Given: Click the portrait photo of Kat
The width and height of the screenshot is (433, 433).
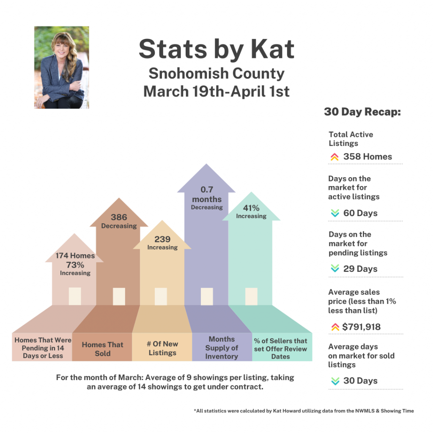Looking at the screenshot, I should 62,68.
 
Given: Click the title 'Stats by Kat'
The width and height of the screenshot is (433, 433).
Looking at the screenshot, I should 216,49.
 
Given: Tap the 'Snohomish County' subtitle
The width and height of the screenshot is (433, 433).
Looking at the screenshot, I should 216,74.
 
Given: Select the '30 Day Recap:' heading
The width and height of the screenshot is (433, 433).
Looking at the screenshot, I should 362,112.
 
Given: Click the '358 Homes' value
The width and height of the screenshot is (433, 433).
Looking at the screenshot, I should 367,156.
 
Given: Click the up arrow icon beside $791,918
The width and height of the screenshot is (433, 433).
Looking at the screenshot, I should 335,327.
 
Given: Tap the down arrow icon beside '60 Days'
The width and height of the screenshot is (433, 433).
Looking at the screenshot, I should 335,213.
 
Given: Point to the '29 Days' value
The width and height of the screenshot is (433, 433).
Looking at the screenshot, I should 360,269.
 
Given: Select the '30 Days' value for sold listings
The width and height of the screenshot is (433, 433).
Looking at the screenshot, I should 360,381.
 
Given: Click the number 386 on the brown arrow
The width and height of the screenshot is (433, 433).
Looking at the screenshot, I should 119,217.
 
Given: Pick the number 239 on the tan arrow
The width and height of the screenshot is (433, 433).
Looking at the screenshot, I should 162,239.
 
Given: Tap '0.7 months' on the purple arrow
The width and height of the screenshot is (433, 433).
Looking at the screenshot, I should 206,195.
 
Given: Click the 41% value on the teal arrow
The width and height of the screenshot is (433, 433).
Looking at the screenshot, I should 251,208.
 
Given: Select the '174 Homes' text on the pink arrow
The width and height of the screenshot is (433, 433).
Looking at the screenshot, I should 75,256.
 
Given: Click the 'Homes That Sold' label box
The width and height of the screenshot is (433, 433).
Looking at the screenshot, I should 102,349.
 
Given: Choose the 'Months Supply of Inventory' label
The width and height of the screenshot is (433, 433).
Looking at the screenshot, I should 222,348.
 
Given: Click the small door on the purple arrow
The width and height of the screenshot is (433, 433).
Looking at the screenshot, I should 207,296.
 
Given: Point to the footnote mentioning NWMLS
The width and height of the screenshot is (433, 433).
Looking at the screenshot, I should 304,411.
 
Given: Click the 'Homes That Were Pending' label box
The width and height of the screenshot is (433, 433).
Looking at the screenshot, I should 43,348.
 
